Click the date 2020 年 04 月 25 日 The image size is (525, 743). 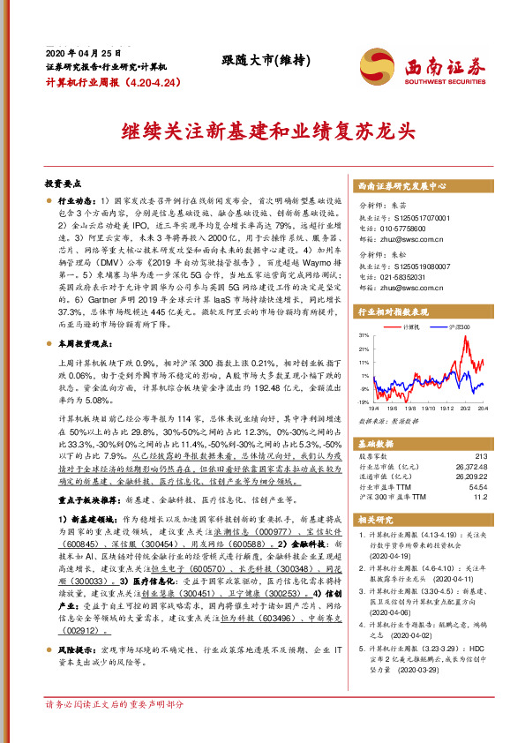click(x=81, y=53)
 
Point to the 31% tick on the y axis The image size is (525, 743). click(x=364, y=336)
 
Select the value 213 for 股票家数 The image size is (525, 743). click(x=479, y=457)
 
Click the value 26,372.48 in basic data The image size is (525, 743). click(x=469, y=467)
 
